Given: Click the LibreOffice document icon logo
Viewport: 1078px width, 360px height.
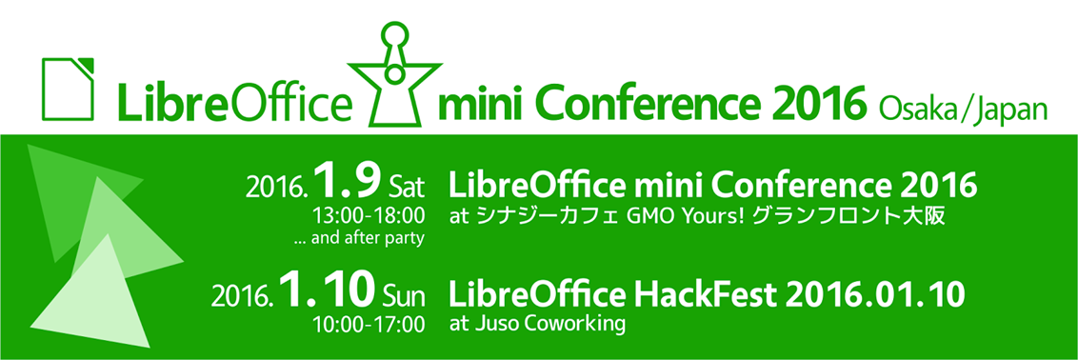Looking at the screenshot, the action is point(68,89).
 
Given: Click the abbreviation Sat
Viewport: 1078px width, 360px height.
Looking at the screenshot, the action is point(407,187).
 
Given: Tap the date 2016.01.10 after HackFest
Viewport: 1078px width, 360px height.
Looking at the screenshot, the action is point(875,294).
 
